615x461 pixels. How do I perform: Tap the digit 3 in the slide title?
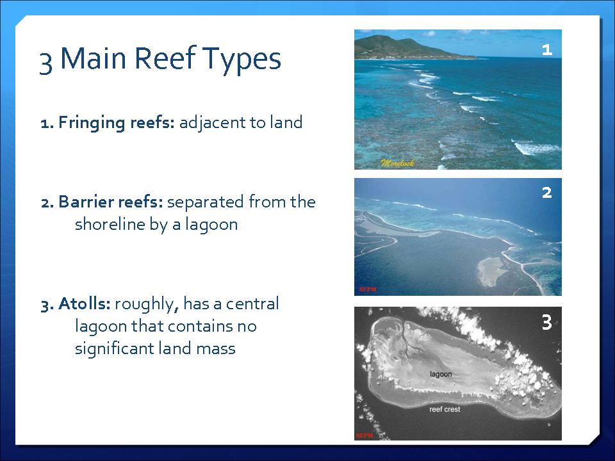point(46,62)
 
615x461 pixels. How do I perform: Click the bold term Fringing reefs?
point(108,123)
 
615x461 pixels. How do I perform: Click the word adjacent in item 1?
point(212,123)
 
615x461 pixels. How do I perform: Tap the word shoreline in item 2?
point(110,224)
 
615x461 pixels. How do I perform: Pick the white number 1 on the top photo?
point(546,50)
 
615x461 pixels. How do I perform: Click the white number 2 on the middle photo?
point(546,193)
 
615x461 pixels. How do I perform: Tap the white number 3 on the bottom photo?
point(546,322)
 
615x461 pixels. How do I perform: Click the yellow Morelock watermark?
point(397,163)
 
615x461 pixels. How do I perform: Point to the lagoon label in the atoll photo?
point(441,374)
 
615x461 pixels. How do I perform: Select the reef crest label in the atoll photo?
point(445,409)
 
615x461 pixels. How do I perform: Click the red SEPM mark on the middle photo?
point(368,289)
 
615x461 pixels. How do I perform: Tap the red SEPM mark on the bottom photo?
point(365,435)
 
